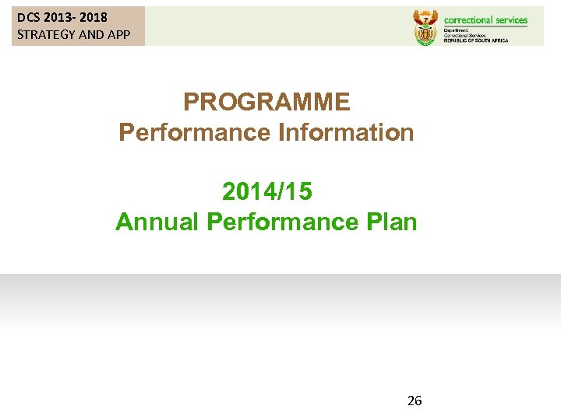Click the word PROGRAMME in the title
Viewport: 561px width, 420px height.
(266, 102)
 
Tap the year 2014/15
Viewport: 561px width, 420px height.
(266, 191)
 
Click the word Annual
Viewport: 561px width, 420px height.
(157, 222)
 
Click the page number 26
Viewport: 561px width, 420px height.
(415, 401)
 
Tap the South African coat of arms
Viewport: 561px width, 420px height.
(425, 26)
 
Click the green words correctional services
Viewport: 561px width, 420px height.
(485, 20)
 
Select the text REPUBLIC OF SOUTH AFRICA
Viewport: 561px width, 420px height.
(475, 40)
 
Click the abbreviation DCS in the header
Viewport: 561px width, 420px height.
(29, 17)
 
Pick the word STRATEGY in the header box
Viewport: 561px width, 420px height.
(46, 34)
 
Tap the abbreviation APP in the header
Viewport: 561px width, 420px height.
(118, 34)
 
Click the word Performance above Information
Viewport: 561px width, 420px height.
(195, 132)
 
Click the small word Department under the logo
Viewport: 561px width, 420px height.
(457, 30)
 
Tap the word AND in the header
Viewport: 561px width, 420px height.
(92, 34)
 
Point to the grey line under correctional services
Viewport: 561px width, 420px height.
(485, 26)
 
